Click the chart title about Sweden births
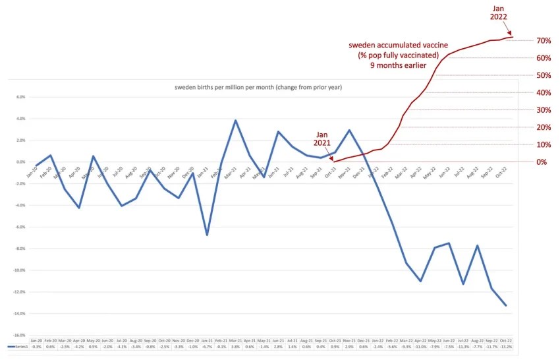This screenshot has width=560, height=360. [258, 88]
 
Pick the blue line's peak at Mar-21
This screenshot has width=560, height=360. [235, 120]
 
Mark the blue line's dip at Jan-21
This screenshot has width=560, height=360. [207, 235]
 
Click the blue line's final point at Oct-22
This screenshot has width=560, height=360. [506, 305]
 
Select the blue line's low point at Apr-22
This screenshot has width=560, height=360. [420, 282]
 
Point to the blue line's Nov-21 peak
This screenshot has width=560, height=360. [349, 130]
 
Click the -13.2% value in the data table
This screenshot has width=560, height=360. [505, 345]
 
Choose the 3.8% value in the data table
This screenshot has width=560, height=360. [235, 345]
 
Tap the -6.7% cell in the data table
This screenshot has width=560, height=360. [207, 345]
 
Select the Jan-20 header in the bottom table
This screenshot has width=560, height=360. [36, 340]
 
